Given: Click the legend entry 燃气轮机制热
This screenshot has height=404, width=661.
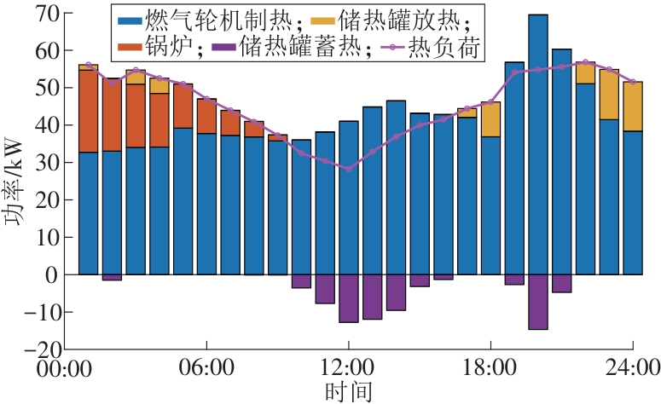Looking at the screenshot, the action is (210, 20).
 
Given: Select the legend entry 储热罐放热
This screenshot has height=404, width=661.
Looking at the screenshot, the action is (390, 20).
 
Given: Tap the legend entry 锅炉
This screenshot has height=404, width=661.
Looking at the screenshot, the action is (160, 46).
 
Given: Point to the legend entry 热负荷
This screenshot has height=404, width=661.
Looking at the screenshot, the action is (431, 46).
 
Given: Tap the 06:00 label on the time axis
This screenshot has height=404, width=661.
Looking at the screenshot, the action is (206, 367).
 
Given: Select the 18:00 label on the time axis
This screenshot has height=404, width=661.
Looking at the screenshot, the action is (490, 367).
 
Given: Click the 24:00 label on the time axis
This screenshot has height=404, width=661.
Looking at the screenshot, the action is (632, 367).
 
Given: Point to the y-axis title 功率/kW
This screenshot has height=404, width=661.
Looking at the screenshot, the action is (13, 181).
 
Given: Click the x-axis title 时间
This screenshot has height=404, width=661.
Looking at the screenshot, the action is (349, 392).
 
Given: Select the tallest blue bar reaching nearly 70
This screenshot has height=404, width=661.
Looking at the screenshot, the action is (538, 145).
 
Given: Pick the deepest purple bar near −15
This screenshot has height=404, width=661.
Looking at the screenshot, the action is (538, 302).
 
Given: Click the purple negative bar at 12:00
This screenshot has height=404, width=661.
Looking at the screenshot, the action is (349, 298).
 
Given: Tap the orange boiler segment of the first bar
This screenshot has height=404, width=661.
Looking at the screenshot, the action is (89, 111).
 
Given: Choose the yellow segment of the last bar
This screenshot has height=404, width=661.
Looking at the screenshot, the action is (633, 107).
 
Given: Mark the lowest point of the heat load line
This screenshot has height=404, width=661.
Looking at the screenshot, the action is (349, 169).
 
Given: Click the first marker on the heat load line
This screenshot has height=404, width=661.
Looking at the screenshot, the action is (89, 65).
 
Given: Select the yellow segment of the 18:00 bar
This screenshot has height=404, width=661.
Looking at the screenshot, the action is (490, 119).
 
